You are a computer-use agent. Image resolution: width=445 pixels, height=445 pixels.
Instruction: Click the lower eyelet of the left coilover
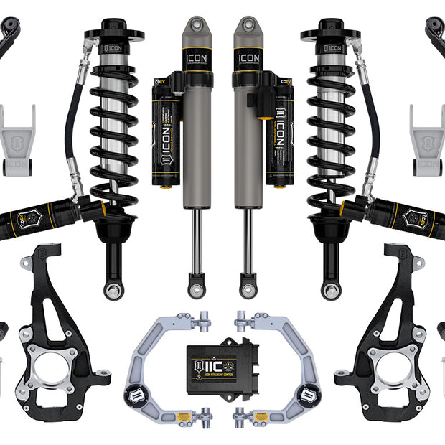pos(114,291)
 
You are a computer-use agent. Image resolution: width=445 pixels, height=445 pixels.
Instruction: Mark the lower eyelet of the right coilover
pos(330,291)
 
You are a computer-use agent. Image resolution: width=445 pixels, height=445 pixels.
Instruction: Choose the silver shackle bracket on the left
pos(17,140)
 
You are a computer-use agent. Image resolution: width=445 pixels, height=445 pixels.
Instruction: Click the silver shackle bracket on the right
pos(428,140)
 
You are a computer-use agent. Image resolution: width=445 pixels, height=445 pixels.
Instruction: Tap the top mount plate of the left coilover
pos(113,34)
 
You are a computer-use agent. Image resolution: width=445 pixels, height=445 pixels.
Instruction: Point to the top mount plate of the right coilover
pos(331,34)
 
